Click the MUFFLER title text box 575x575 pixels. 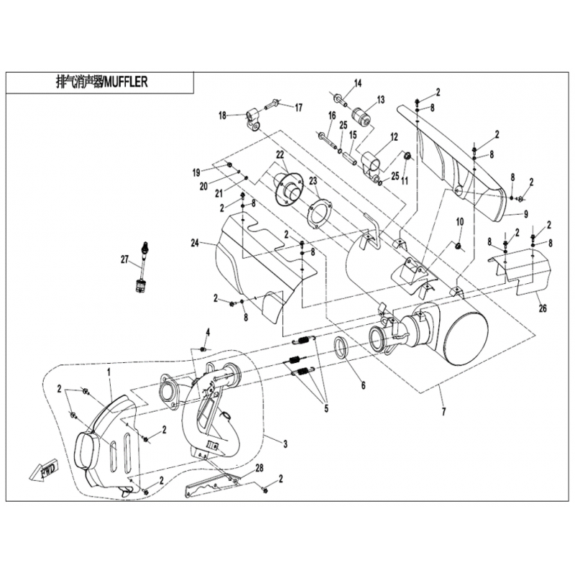[101, 83]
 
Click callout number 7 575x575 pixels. [443, 412]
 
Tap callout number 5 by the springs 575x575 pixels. [326, 410]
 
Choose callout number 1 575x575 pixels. [109, 373]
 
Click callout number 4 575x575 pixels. [208, 331]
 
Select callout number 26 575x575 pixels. [543, 309]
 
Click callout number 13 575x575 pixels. [381, 99]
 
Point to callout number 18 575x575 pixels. [223, 115]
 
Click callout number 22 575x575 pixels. [280, 155]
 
